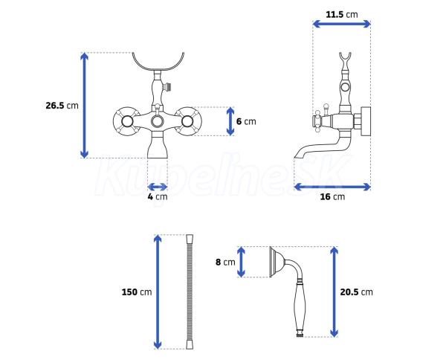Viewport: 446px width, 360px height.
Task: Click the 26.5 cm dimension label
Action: tap(62, 106)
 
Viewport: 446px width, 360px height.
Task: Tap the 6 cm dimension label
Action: tap(246, 121)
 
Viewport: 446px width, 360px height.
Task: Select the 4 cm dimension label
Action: tap(158, 196)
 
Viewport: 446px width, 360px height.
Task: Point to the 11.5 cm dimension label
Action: tap(342, 14)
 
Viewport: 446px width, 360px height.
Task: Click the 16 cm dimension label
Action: tap(332, 196)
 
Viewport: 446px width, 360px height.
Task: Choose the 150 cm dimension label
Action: tap(137, 292)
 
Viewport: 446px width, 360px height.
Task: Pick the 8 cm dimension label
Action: tap(225, 262)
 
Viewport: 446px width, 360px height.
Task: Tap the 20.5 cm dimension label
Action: tap(356, 292)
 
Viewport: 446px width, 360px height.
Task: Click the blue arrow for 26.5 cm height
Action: tap(84, 106)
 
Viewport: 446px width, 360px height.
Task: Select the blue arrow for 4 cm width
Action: tap(158, 187)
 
